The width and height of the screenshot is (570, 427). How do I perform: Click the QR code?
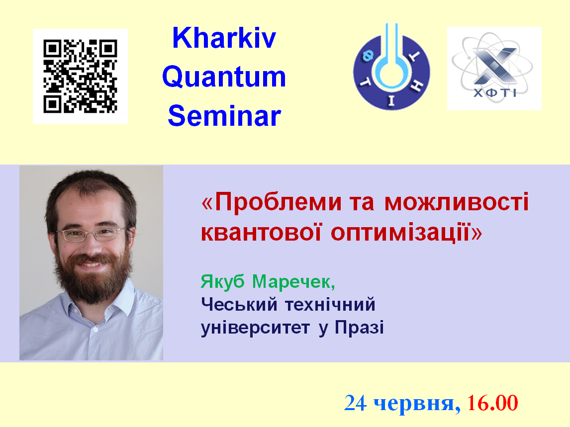[81, 77]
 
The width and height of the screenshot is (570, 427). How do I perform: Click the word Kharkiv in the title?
[224, 38]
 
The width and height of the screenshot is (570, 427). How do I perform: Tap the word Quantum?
[224, 77]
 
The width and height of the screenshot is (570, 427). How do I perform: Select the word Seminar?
[224, 116]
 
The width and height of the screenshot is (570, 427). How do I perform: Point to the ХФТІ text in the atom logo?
[495, 93]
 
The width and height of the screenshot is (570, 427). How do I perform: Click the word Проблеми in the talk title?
[278, 202]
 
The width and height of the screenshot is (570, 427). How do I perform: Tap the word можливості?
[456, 202]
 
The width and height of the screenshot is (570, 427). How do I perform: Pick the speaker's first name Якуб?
[222, 282]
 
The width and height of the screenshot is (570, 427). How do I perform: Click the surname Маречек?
[293, 282]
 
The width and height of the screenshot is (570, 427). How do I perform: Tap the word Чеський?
[239, 304]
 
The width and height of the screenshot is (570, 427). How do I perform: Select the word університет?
[255, 328]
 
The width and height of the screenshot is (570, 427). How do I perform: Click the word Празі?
[359, 327]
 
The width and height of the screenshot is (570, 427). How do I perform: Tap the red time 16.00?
[492, 403]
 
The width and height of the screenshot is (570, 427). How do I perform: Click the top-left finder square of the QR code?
[52, 49]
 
